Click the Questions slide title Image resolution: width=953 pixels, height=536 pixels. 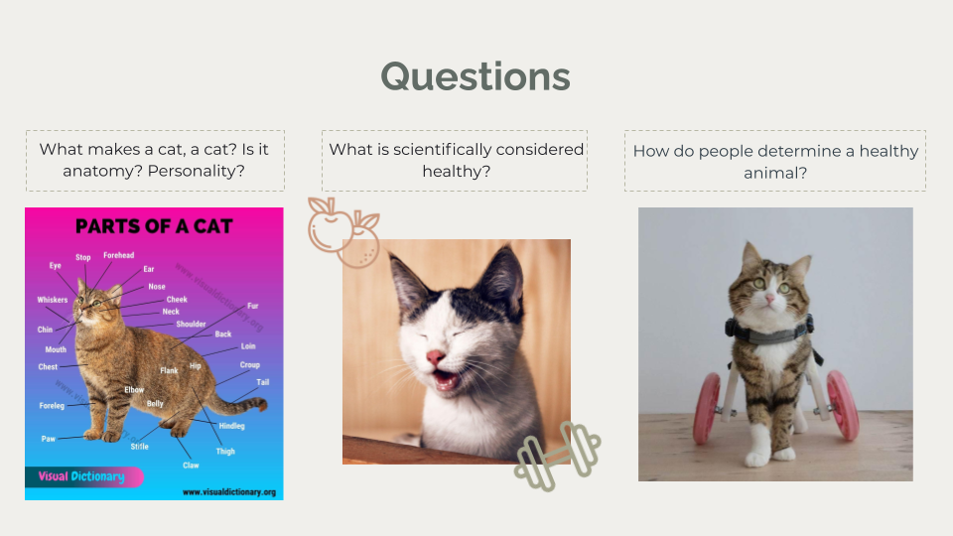[476, 77]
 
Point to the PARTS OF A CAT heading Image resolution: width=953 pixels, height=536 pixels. [154, 226]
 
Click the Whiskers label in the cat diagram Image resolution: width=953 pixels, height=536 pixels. [53, 300]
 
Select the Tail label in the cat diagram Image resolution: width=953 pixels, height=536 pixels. [262, 382]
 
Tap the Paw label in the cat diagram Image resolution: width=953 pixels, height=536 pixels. [48, 439]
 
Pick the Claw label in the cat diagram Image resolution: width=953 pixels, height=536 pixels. [191, 466]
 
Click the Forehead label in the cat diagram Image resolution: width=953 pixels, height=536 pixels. [118, 255]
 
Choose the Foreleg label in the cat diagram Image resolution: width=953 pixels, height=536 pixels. [52, 406]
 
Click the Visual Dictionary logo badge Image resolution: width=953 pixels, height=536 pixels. [83, 476]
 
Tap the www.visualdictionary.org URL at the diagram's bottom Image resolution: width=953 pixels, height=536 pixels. [229, 492]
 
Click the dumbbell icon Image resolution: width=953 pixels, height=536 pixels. [557, 457]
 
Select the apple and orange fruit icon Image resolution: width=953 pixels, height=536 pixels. [343, 232]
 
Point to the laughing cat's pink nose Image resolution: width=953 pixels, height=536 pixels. [435, 356]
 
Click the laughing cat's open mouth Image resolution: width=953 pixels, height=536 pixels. [445, 380]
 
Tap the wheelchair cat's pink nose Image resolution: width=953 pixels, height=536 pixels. [769, 299]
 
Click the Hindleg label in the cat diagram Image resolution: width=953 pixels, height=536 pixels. [231, 426]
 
